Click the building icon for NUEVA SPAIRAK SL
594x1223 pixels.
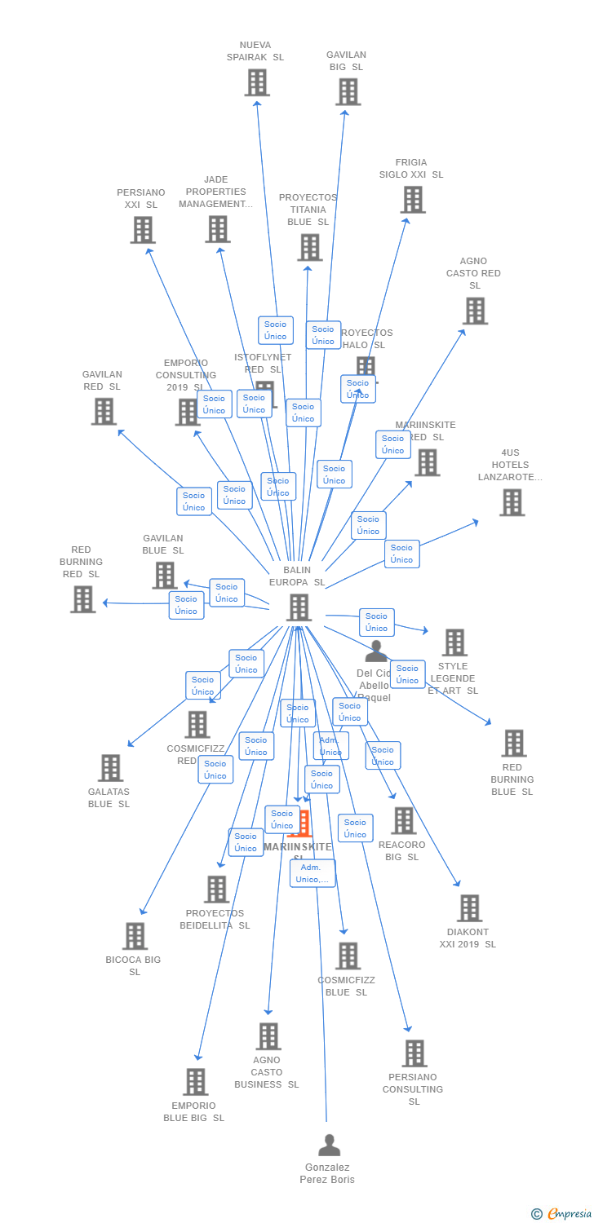coord(257,82)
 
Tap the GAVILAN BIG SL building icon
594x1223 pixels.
coord(348,92)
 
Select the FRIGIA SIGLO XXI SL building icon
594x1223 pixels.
coord(413,200)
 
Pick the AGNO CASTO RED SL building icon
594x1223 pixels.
coord(475,311)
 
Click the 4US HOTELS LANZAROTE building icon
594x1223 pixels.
coord(512,502)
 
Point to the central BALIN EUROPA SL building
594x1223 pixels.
coord(299,607)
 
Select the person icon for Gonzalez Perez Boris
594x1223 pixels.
coord(329,1146)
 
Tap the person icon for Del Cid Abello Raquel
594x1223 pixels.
coord(375,651)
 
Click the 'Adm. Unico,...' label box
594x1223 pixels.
coord(313,873)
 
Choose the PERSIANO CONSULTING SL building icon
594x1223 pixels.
coord(414,1053)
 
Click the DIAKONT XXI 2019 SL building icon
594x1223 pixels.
coord(469,908)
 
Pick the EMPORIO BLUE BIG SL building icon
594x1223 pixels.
coord(196,1082)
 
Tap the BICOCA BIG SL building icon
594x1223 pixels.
coord(135,936)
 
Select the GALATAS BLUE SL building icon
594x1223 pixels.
coord(110,768)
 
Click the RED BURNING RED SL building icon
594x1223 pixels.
coord(82,599)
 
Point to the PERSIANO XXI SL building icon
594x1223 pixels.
coord(143,230)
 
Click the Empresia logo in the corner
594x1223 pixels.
coord(562,1214)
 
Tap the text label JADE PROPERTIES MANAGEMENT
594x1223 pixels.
coord(215,192)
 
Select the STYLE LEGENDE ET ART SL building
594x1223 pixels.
coord(454,642)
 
